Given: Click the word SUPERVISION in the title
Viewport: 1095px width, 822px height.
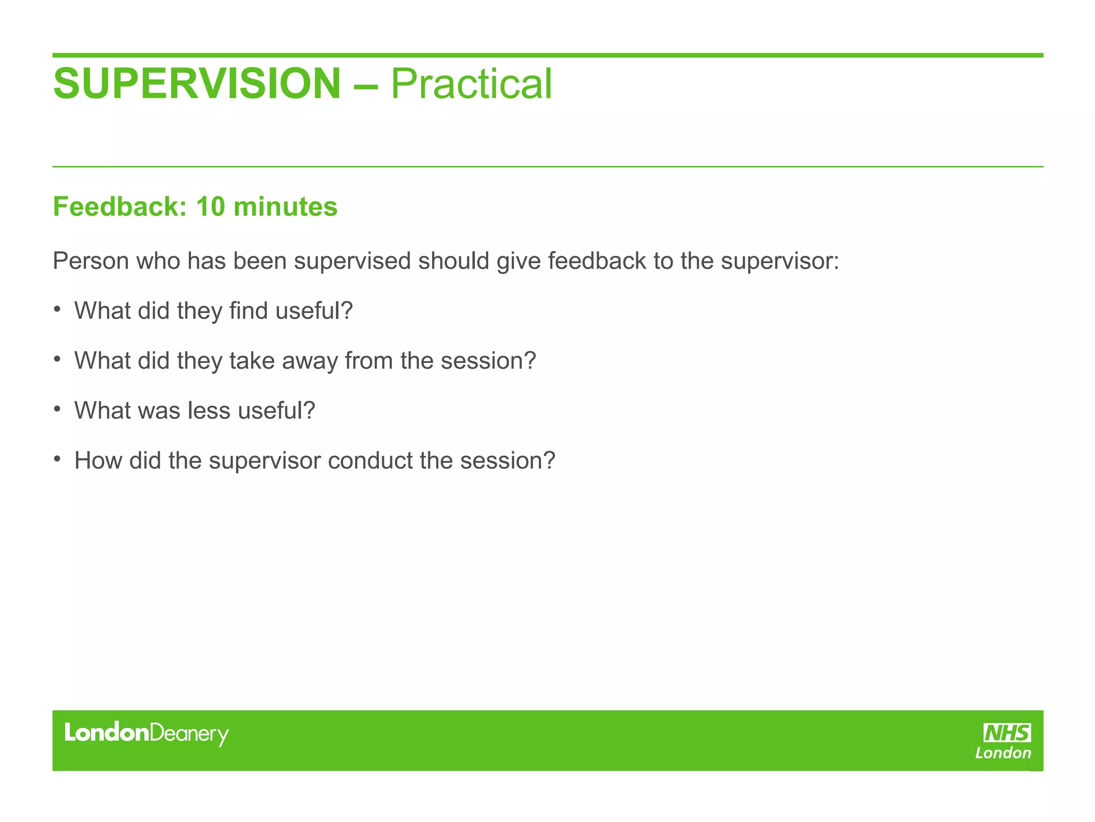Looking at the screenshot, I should [197, 84].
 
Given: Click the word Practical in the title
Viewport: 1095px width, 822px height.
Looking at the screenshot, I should [471, 84].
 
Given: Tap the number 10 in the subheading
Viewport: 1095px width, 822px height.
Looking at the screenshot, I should [211, 207].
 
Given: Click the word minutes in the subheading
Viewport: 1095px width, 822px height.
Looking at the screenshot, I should [286, 207].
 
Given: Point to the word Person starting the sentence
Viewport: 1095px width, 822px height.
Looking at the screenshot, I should [90, 261].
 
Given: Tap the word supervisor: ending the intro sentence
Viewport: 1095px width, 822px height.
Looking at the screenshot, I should [780, 261].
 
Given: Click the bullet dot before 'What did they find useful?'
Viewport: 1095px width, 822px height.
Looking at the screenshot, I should [57, 309].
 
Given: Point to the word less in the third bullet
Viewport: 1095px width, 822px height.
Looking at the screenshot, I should [209, 410].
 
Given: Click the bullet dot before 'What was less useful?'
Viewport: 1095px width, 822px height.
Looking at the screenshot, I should [57, 409].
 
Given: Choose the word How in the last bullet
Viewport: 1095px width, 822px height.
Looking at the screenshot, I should [98, 460].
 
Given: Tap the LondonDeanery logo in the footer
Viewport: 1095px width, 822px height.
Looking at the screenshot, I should [146, 734].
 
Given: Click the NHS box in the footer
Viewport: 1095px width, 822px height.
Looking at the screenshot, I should [1007, 733].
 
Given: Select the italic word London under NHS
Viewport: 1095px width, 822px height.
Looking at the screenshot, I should [1003, 753].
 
